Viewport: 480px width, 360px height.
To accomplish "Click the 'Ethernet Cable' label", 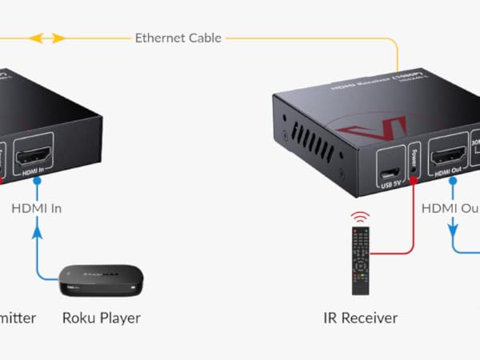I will pyautogui.click(x=178, y=38).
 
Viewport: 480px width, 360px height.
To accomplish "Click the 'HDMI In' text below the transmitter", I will pyautogui.click(x=36, y=209).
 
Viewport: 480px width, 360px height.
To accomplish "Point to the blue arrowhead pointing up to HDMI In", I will pyautogui.click(x=35, y=230).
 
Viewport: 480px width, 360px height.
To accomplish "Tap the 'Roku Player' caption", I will pyautogui.click(x=102, y=318).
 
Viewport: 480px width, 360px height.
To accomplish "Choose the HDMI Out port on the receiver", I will pyautogui.click(x=448, y=156).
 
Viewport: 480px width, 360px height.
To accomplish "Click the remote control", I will pyautogui.click(x=362, y=259).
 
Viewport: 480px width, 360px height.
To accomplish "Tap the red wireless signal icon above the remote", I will pyautogui.click(x=362, y=217).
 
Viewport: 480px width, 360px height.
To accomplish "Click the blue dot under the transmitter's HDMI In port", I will pyautogui.click(x=35, y=181).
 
